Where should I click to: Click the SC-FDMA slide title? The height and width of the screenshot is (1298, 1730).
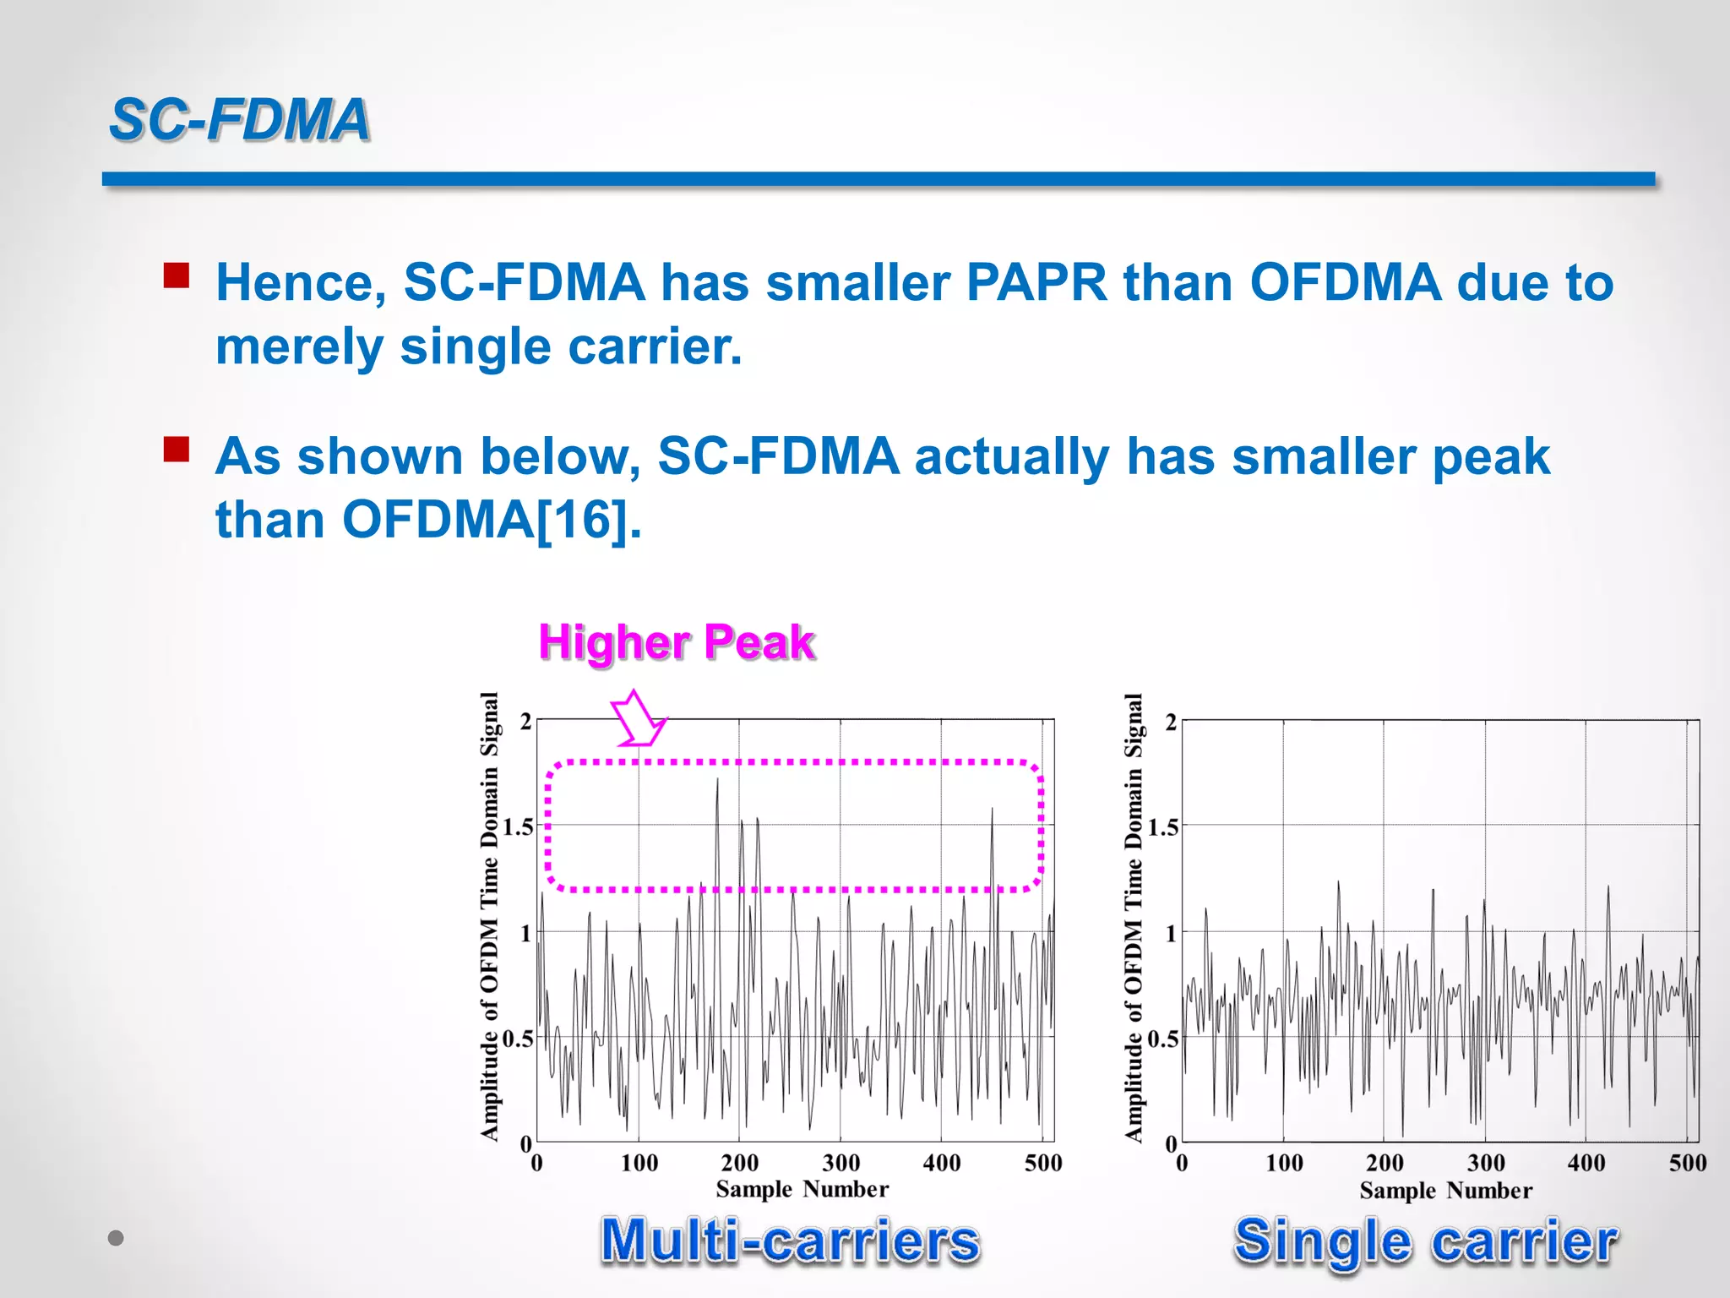point(240,119)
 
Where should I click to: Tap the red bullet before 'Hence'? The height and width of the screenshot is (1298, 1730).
point(176,276)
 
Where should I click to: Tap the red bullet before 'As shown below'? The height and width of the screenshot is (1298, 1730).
point(176,449)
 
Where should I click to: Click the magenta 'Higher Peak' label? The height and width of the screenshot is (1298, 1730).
point(676,642)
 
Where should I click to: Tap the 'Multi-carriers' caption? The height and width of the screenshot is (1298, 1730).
point(790,1241)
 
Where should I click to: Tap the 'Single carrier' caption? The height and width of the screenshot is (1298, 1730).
point(1425,1241)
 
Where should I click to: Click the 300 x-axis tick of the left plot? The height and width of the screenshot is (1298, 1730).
point(841,1163)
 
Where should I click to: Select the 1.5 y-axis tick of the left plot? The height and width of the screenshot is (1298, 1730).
point(518,826)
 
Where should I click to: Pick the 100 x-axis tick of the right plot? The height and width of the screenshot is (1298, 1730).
point(1283,1164)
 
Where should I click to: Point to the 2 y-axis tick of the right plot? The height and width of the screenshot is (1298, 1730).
point(1170,723)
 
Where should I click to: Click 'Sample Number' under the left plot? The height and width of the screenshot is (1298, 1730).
point(802,1189)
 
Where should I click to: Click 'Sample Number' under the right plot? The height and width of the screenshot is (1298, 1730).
point(1445,1191)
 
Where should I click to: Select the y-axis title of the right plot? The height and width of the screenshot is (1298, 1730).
point(1134,917)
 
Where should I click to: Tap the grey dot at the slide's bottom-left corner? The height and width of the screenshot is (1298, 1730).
point(117,1238)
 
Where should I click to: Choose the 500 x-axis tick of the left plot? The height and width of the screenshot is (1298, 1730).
point(1042,1163)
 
